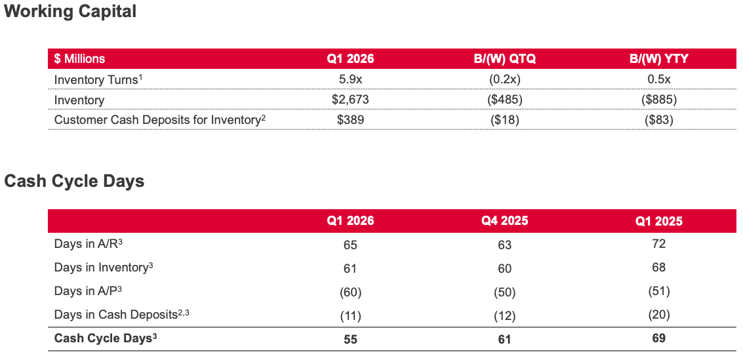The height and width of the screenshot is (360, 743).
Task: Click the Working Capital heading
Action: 70,12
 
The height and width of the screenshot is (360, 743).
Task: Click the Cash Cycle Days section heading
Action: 74,182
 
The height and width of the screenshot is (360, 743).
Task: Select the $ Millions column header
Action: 79,59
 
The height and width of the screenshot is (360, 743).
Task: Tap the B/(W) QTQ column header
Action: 504,59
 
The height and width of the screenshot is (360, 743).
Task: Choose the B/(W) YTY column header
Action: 658,59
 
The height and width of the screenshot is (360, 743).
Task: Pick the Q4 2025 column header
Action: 504,221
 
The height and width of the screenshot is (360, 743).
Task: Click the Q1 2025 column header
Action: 658,221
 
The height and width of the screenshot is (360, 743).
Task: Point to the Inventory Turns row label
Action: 98,80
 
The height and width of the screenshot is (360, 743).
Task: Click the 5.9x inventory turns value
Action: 351,80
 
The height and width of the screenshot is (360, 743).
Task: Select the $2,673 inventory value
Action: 351,100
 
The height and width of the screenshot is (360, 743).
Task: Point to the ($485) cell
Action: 504,100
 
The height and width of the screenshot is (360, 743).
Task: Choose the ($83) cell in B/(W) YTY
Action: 658,120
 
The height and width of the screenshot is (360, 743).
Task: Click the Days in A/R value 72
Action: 658,244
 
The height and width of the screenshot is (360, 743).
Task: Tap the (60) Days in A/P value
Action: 351,292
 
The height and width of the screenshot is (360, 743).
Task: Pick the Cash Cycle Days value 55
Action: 351,339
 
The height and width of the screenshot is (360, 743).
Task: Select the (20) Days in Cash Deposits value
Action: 658,315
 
